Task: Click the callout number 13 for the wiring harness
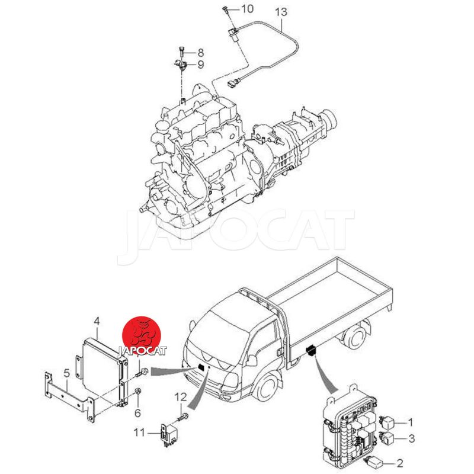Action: pyautogui.click(x=281, y=13)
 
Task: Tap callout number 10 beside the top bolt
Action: pyautogui.click(x=247, y=9)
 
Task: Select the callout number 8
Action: pyautogui.click(x=201, y=53)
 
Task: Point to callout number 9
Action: pyautogui.click(x=201, y=65)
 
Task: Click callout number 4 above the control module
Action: pyautogui.click(x=97, y=321)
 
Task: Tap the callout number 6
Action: pyautogui.click(x=137, y=413)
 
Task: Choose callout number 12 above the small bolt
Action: pyautogui.click(x=181, y=397)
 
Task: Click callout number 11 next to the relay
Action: pyautogui.click(x=139, y=433)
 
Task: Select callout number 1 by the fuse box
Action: pyautogui.click(x=410, y=422)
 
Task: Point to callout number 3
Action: pyautogui.click(x=411, y=438)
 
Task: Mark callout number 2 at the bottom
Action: pyautogui.click(x=399, y=463)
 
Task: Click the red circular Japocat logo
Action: pyautogui.click(x=142, y=335)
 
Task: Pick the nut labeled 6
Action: pyautogui.click(x=137, y=392)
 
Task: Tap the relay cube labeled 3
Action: pyautogui.click(x=387, y=438)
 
